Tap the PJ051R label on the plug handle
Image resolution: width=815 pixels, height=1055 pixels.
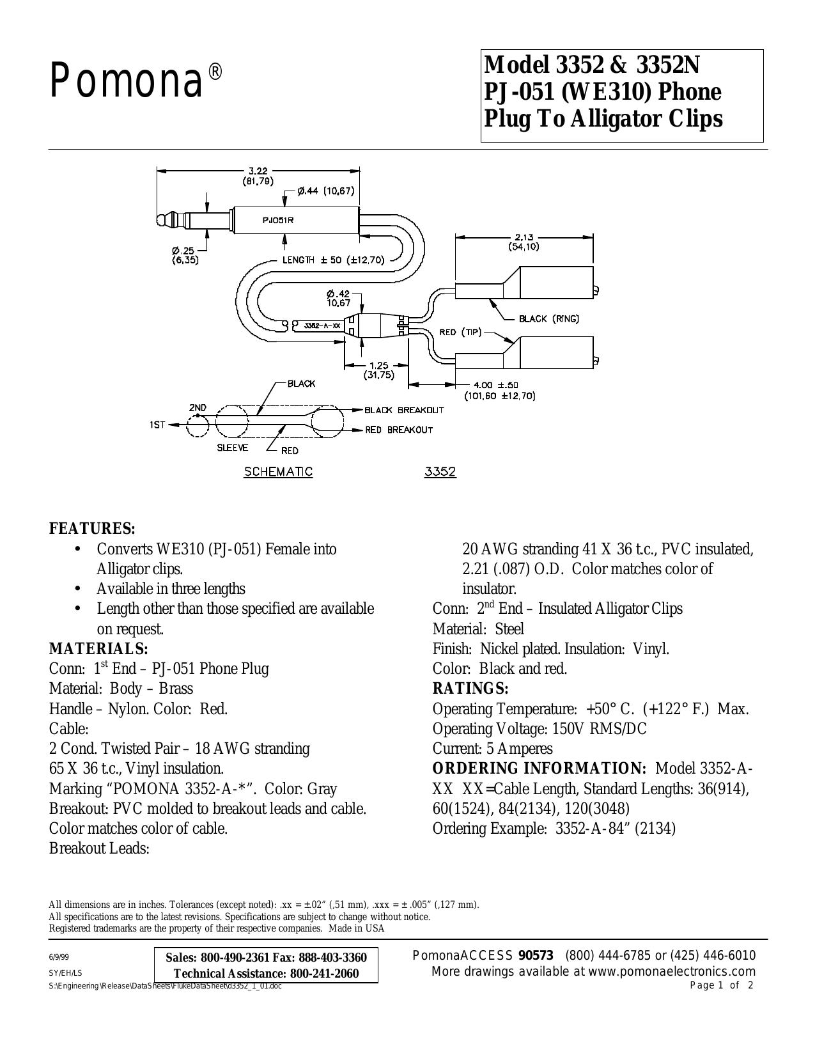[278, 220]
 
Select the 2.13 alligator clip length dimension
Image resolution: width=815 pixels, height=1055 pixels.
[524, 241]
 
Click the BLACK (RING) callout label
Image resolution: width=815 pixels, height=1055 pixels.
[549, 319]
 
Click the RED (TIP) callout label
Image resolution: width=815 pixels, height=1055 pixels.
[460, 332]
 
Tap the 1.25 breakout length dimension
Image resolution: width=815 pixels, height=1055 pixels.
[379, 370]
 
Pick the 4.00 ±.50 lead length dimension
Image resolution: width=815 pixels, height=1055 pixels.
[500, 390]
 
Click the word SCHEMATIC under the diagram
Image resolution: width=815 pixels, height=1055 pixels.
[278, 471]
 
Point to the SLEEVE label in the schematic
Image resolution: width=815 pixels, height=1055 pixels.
[233, 448]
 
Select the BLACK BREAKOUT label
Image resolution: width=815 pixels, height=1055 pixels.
[405, 410]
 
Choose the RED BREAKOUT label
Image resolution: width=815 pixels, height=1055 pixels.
[399, 430]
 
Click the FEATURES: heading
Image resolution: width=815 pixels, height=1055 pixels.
[92, 528]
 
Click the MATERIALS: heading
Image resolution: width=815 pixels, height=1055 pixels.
[98, 648]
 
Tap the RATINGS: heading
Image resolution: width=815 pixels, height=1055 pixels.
[470, 689]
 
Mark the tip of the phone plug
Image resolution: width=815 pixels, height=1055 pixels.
[159, 220]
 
